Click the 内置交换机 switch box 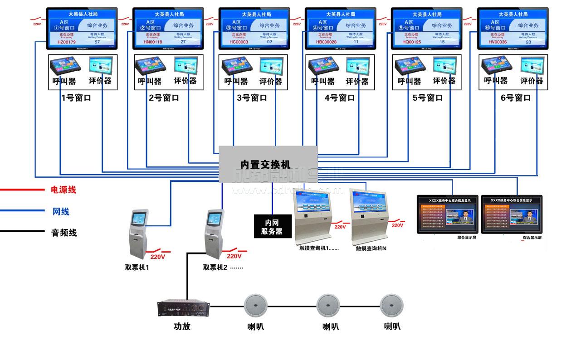coord(268,164)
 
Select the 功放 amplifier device coord(184,308)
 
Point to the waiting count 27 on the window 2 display coord(183,42)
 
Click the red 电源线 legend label coord(63,190)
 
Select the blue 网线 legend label coord(61,211)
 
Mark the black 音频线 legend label coord(63,233)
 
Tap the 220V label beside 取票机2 coord(234,256)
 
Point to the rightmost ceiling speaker coord(391,306)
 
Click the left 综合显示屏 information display coord(448,214)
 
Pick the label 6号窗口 coord(516,97)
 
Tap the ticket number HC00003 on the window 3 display coord(239,42)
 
